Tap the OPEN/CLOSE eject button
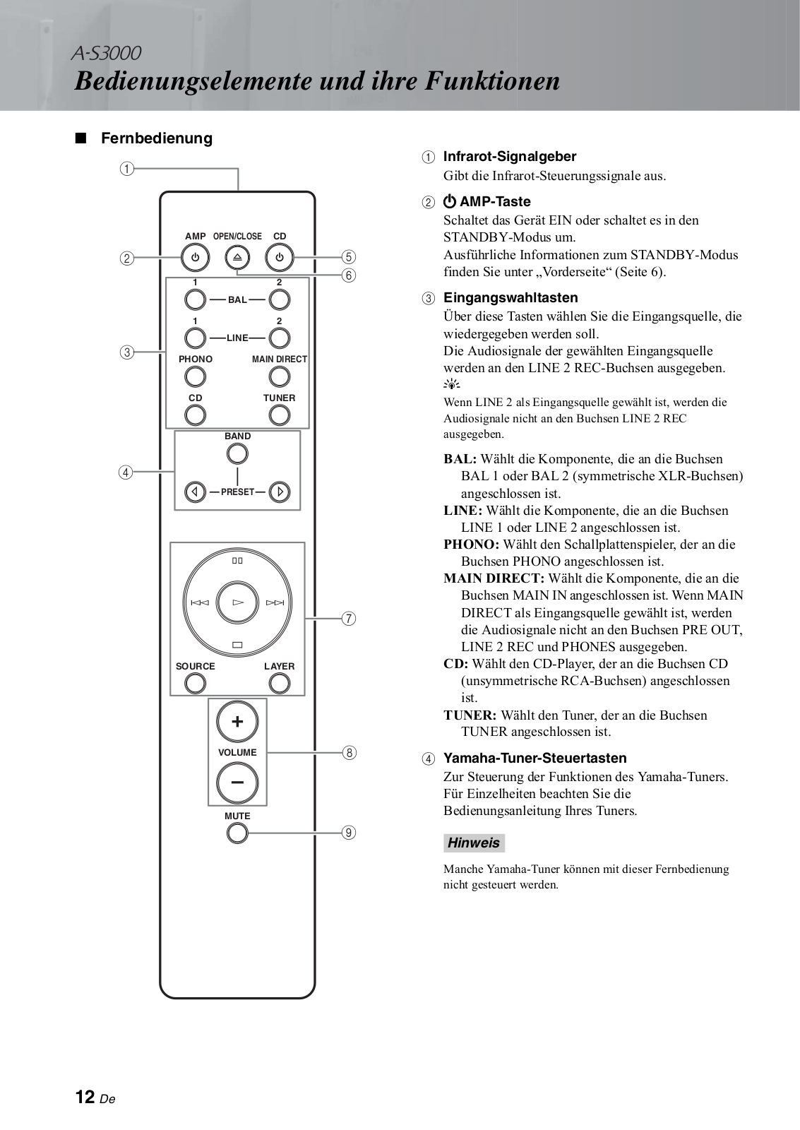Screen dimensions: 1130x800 coord(237,258)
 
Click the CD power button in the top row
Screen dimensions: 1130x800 coord(280,258)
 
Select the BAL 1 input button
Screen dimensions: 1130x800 coord(195,299)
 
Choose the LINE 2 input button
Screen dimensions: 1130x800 coord(280,338)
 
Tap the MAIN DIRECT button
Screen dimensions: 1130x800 coord(280,377)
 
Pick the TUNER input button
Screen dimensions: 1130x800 coord(280,415)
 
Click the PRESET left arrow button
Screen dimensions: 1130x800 coord(195,492)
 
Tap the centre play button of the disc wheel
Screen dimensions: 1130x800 coord(237,602)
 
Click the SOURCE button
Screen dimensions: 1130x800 coord(195,683)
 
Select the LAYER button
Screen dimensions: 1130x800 coord(280,683)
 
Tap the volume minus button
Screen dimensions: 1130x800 coord(237,783)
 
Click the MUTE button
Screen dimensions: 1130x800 coord(237,833)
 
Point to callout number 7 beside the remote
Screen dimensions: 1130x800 coord(348,619)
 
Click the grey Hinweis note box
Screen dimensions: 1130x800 coord(474,843)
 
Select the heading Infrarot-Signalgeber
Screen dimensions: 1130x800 coord(509,156)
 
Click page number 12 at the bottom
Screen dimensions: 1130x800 coord(85,1097)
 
